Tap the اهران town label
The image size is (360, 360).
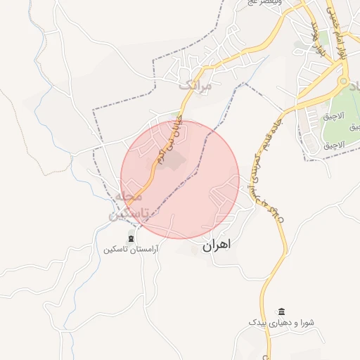pyautogui.click(x=216, y=246)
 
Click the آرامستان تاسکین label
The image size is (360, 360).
pyautogui.click(x=131, y=250)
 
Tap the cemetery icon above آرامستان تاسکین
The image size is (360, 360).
pyautogui.click(x=131, y=239)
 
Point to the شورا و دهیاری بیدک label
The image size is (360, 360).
pyautogui.click(x=281, y=322)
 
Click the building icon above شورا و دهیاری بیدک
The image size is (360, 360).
pyautogui.click(x=282, y=311)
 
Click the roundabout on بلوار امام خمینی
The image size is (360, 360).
pyautogui.click(x=345, y=84)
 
